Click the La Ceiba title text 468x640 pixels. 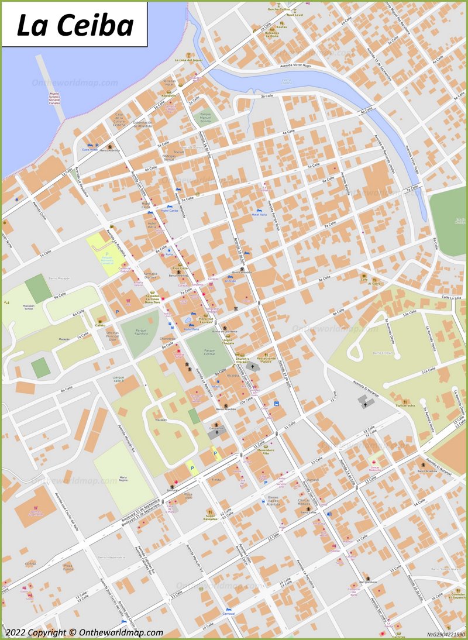(75, 25)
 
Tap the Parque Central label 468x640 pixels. (209, 353)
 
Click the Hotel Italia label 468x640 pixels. (259, 215)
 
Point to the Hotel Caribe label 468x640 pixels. (170, 211)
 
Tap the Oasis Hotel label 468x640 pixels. (90, 150)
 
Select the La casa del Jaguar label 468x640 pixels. (188, 60)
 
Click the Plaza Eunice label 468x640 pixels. (68, 567)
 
